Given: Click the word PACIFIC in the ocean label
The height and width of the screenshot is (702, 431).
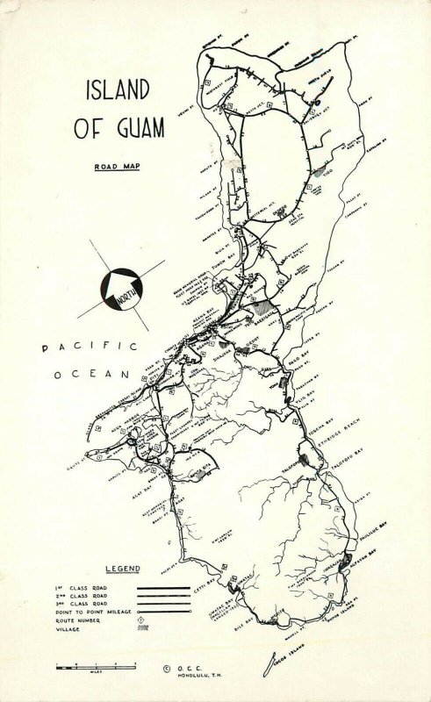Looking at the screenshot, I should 90,347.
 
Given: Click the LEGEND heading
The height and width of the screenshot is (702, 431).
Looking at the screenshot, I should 123,569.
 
